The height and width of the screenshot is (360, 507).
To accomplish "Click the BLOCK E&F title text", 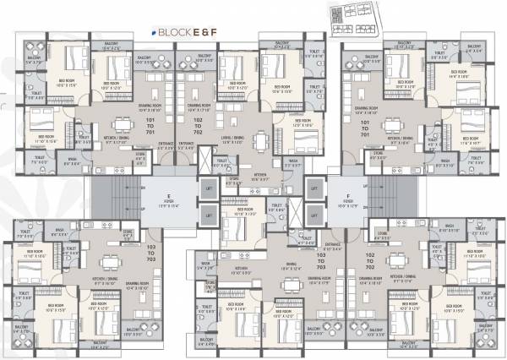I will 178,32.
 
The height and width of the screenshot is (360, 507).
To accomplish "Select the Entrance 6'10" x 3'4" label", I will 333,248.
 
